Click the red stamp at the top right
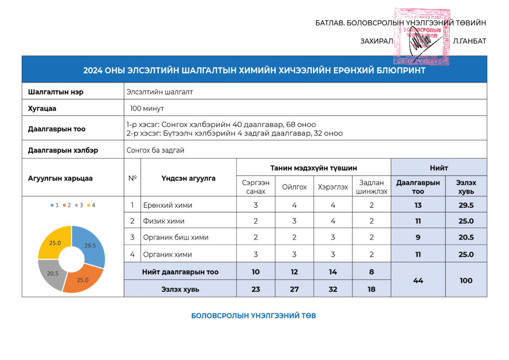click(x=422, y=36)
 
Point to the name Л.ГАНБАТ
click(x=469, y=41)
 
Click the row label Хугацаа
click(x=42, y=108)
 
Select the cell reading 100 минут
click(x=147, y=108)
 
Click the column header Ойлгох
click(x=294, y=187)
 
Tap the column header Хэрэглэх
click(x=333, y=187)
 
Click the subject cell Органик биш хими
click(x=175, y=238)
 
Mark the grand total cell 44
click(x=418, y=280)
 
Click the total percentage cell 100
click(x=466, y=280)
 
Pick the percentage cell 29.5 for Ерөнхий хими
click(x=466, y=205)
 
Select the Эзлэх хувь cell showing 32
click(x=333, y=289)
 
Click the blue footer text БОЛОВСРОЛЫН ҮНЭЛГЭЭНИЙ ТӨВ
click(x=254, y=316)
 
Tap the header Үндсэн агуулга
click(x=188, y=178)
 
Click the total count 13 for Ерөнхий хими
click(x=418, y=205)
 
